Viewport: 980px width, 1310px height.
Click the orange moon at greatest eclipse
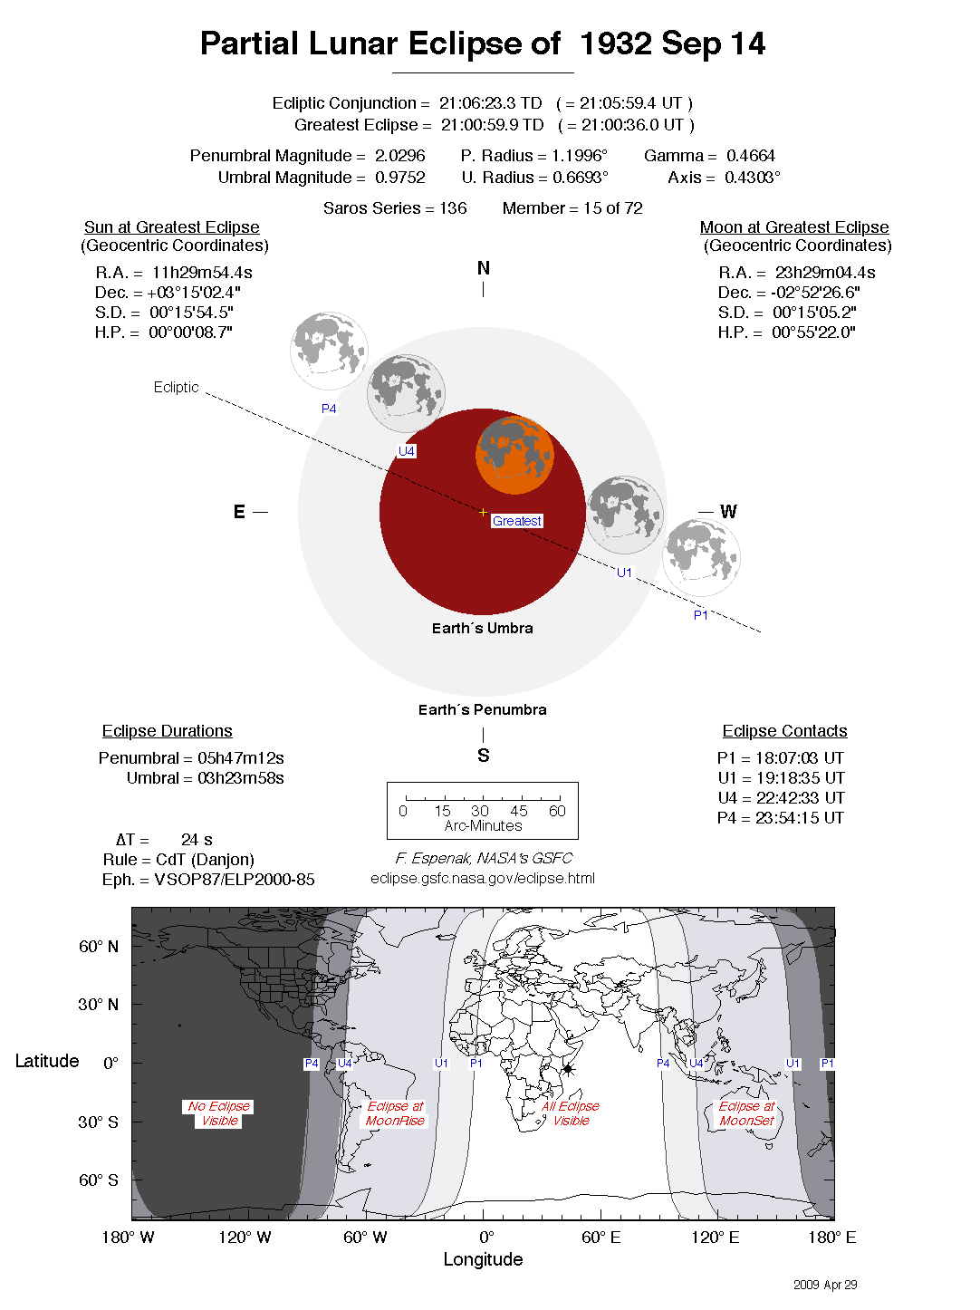point(514,455)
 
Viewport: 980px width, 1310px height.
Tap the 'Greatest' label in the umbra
point(517,521)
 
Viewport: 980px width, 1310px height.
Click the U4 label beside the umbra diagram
point(407,451)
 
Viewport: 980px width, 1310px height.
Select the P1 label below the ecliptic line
point(701,615)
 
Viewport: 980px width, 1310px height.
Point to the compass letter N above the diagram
point(484,268)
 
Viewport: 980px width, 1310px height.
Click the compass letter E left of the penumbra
point(239,512)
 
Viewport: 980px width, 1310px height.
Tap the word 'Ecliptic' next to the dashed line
point(176,387)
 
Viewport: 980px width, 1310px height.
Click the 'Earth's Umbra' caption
point(482,628)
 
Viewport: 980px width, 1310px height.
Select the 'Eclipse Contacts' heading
point(784,731)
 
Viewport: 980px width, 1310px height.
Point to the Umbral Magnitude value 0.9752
point(399,178)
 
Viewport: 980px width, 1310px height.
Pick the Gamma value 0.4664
point(750,156)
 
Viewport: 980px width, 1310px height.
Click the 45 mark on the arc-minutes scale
point(519,811)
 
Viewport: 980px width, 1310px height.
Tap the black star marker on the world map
point(568,1069)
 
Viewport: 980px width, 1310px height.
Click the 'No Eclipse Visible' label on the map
point(219,1113)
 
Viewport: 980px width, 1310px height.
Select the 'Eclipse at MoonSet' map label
point(747,1113)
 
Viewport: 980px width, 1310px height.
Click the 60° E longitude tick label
point(600,1238)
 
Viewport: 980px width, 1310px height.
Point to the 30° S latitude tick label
point(98,1122)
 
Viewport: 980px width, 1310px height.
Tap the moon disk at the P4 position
point(329,350)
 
